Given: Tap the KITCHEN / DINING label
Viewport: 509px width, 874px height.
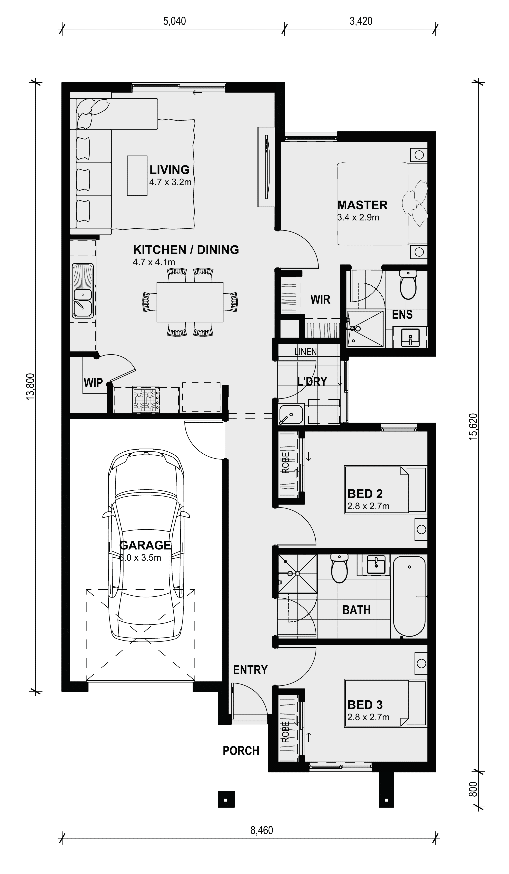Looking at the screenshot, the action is pos(186,250).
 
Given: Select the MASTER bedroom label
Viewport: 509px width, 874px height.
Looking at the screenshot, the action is pos(362,205).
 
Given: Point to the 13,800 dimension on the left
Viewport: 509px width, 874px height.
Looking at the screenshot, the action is pos(30,387).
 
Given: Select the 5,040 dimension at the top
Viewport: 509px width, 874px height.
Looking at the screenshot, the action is pos(174,21).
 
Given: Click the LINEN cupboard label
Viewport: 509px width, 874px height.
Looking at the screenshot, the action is pos(305,352).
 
